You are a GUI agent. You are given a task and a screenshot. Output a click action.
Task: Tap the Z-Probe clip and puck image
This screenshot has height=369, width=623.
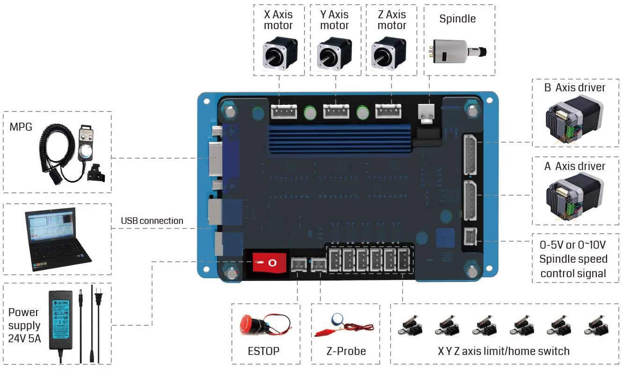345,325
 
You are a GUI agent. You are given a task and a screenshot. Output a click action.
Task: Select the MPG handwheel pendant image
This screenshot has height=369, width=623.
70,155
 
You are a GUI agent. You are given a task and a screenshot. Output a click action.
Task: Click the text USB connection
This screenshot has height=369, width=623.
152,221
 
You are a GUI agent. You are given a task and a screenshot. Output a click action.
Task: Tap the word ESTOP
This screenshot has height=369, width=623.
263,351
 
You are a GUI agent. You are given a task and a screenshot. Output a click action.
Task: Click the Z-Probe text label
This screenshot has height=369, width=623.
346,351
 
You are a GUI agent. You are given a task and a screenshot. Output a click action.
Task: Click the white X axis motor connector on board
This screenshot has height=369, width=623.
284,111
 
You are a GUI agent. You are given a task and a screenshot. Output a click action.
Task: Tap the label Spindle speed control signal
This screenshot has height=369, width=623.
573,259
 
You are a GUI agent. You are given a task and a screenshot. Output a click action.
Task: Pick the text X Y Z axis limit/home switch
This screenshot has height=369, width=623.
503,351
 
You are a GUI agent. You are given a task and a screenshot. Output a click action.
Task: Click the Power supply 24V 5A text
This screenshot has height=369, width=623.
24,325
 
